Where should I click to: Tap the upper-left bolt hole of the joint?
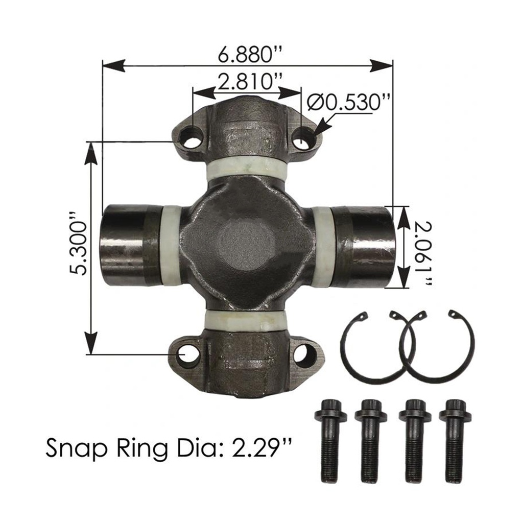coord(192,138)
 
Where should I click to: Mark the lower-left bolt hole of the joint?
coord(188,353)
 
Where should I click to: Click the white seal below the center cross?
coord(246,320)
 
